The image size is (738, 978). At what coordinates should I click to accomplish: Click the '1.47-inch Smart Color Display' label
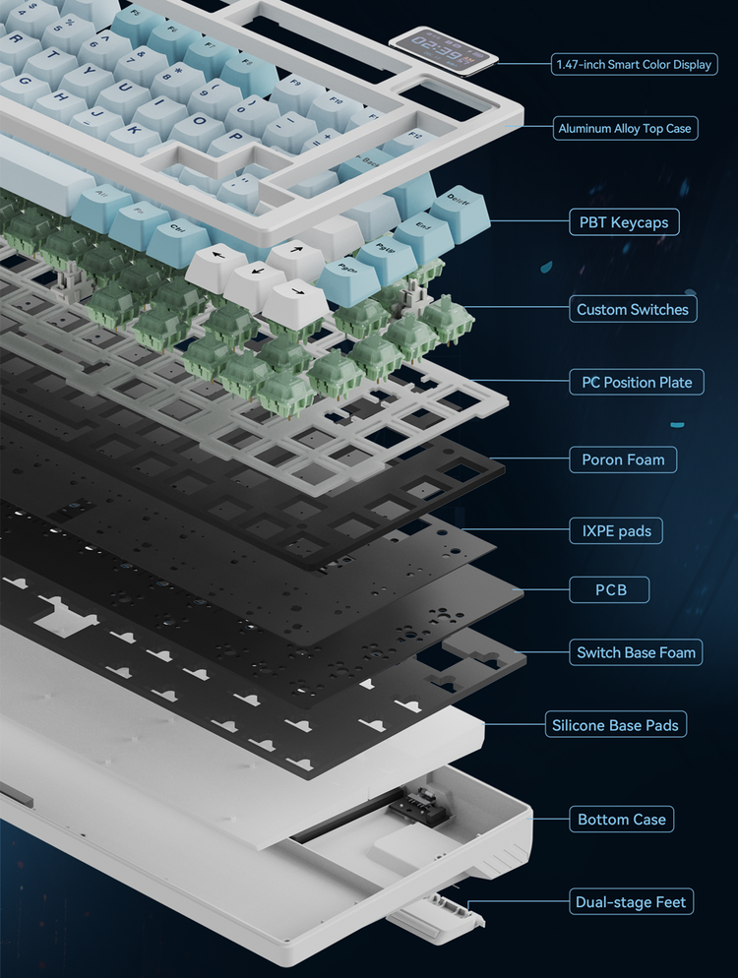coord(634,65)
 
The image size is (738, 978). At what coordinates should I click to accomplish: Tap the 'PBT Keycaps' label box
coord(623,222)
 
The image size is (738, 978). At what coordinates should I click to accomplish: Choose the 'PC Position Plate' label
coord(636,382)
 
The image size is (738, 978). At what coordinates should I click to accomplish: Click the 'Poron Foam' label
coord(623,458)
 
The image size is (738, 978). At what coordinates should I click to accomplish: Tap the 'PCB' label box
coord(610,590)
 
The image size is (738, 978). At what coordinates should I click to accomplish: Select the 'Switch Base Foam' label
coord(636,651)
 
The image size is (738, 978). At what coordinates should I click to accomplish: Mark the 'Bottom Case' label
coord(621,819)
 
